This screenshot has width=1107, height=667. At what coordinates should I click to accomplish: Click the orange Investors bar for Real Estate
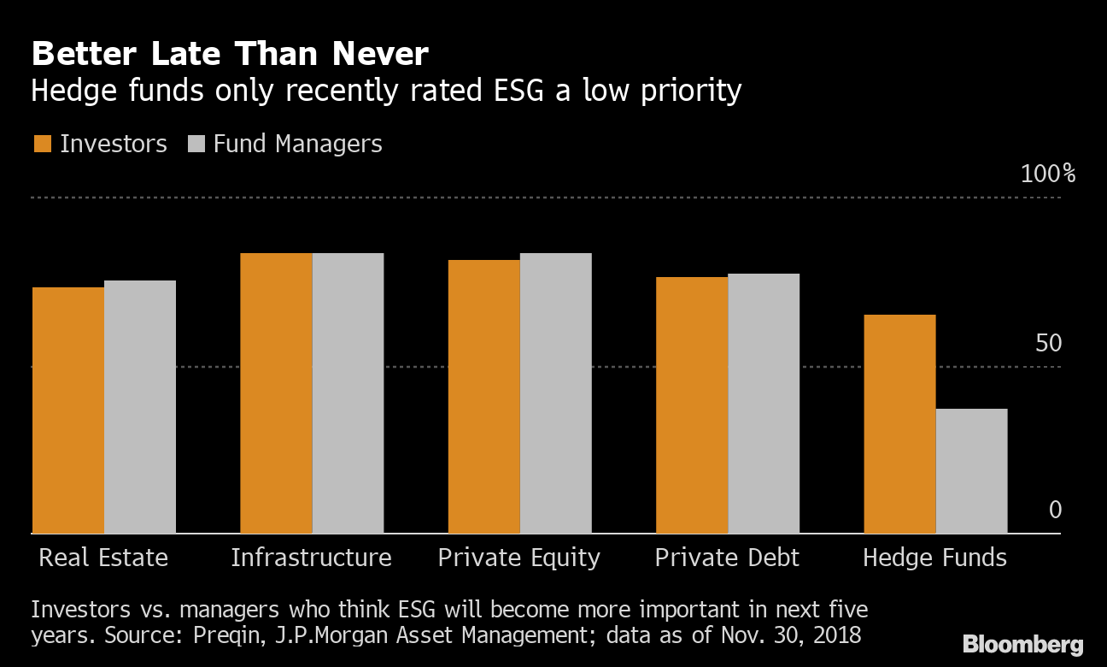click(x=68, y=410)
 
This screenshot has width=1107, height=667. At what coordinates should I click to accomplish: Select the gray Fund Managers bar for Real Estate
click(x=140, y=407)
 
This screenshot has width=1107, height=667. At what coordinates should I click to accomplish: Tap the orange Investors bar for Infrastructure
click(x=276, y=393)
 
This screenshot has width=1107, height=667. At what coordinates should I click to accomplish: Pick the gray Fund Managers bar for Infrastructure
click(x=348, y=393)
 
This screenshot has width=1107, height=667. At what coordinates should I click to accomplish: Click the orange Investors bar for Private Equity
click(x=484, y=397)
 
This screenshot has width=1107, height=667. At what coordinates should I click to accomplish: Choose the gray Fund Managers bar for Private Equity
click(x=556, y=393)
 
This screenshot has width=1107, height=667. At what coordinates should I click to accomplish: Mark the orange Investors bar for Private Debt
click(x=692, y=405)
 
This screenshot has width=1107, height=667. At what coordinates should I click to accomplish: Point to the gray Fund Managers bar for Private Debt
click(x=764, y=404)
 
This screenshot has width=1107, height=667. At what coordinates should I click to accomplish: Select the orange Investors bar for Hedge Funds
click(x=900, y=424)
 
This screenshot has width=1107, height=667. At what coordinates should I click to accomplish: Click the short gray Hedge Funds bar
click(x=972, y=471)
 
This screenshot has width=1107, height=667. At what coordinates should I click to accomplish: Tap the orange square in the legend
click(x=42, y=144)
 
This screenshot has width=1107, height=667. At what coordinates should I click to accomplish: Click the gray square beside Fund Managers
click(x=196, y=144)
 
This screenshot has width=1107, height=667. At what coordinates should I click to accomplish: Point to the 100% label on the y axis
click(x=1048, y=174)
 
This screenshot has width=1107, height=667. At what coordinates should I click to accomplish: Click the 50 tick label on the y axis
click(x=1048, y=344)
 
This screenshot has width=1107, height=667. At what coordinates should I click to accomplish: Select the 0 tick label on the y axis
click(x=1055, y=511)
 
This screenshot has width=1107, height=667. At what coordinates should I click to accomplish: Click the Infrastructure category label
click(x=311, y=558)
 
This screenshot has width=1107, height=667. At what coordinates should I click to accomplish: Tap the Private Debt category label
click(x=727, y=558)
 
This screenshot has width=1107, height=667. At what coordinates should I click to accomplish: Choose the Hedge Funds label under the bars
click(x=934, y=558)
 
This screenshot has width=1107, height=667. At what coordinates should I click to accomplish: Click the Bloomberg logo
click(x=1022, y=644)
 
